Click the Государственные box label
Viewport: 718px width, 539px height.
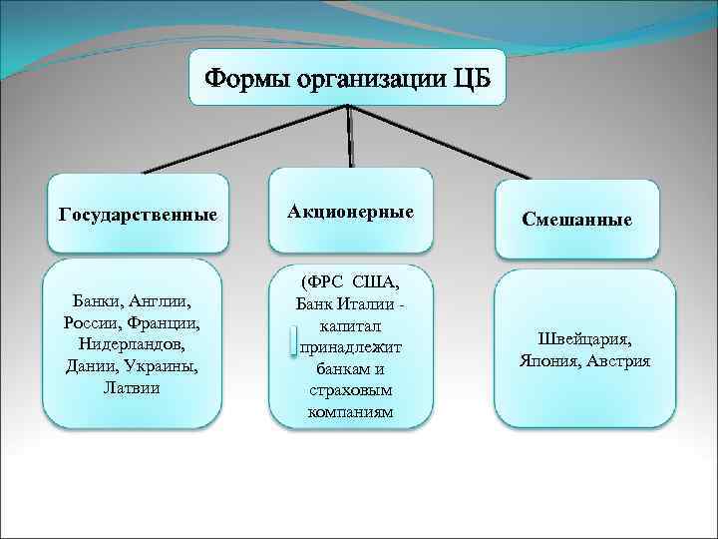point(139,215)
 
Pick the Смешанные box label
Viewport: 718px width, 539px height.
point(576,219)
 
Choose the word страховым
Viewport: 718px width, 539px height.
point(350,390)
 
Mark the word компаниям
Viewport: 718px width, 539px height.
point(350,411)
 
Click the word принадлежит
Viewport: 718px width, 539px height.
point(350,346)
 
